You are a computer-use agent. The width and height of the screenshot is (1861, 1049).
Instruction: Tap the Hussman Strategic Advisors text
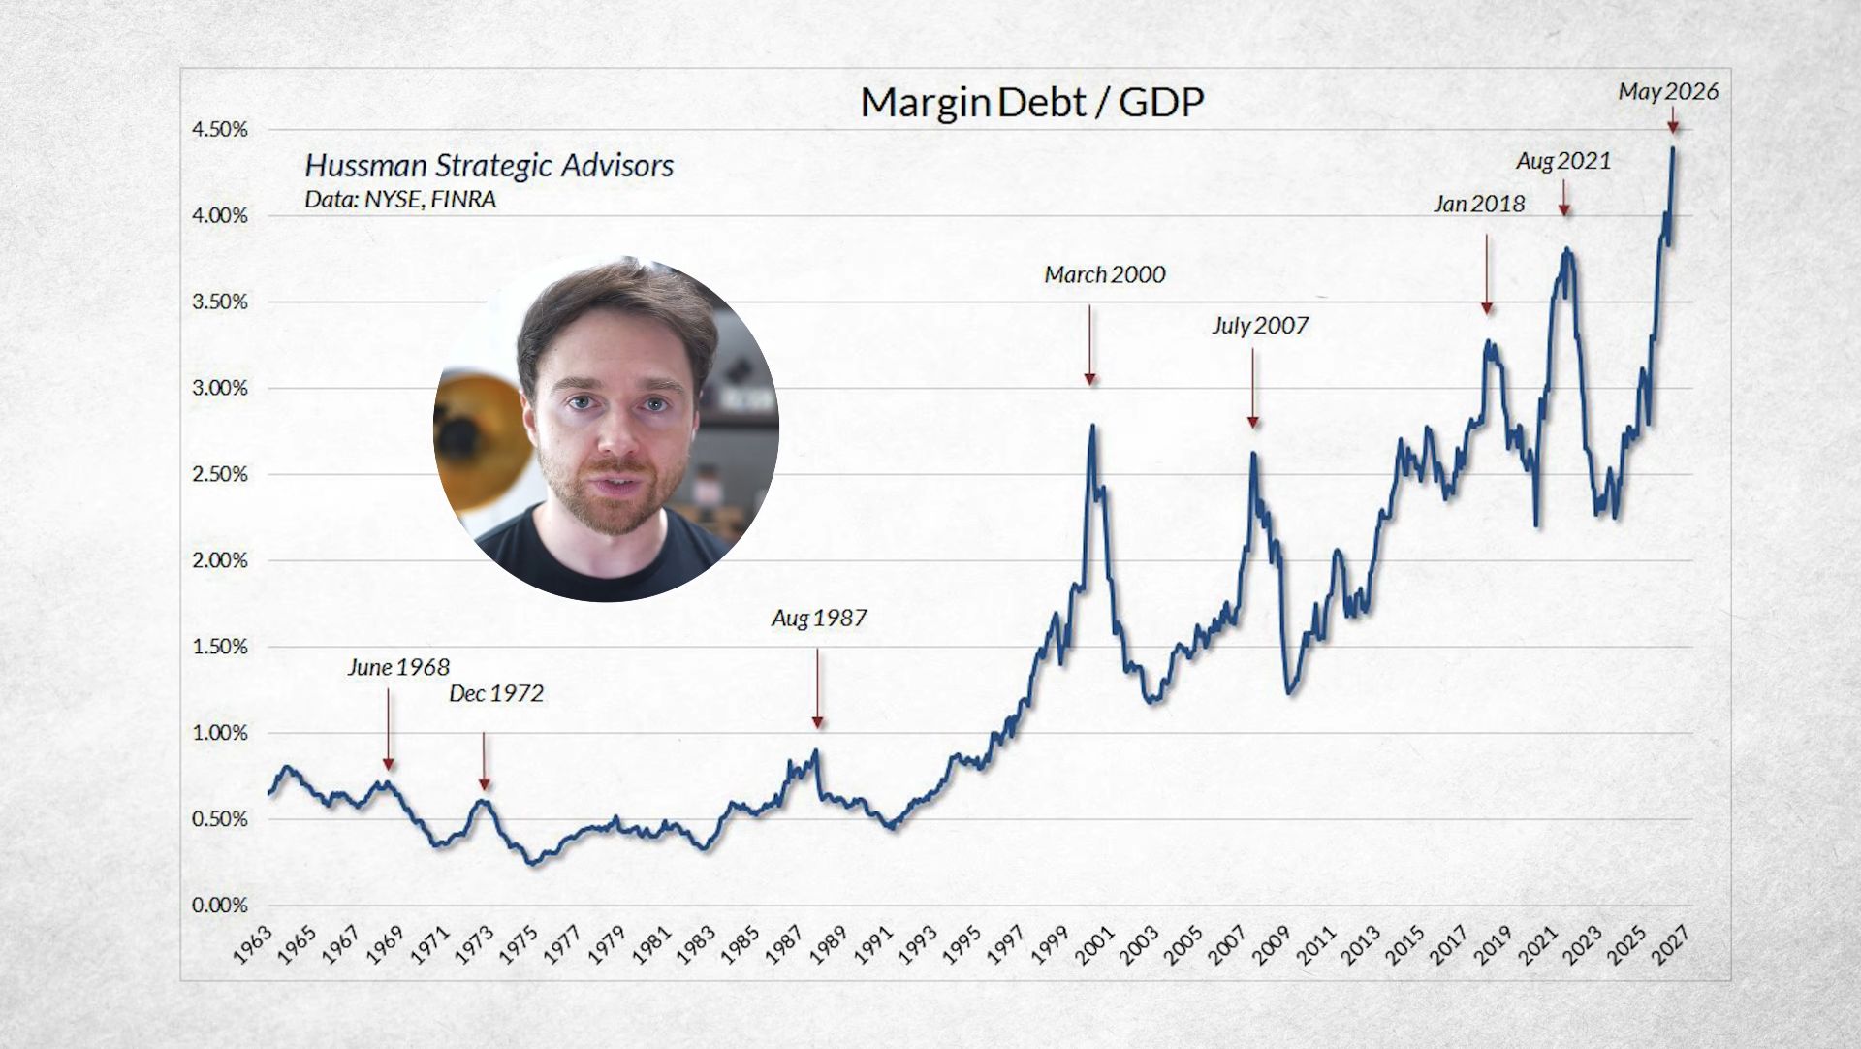coord(489,166)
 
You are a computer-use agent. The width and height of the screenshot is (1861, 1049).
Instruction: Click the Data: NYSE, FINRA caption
coord(400,200)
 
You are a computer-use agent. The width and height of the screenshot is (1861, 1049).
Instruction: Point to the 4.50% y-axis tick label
coord(219,130)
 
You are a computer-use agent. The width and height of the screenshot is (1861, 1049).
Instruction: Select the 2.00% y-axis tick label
coord(219,560)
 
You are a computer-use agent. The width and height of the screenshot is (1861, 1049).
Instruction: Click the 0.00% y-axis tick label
coord(219,906)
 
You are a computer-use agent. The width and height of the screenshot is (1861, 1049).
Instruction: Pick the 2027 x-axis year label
coord(1671,942)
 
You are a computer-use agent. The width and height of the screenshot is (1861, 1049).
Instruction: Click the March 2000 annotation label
coord(1105,275)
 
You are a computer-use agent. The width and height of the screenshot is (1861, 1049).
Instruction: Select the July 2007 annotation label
coord(1260,326)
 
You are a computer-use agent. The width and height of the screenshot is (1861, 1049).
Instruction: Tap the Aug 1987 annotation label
coord(819,619)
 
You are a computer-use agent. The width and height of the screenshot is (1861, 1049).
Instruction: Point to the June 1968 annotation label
coord(398,668)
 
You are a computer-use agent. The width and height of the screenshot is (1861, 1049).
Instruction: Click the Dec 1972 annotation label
coord(496,694)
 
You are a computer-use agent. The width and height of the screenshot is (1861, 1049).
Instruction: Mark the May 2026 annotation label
coord(1668,92)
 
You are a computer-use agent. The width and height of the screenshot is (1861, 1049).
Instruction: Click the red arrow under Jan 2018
coord(1487,274)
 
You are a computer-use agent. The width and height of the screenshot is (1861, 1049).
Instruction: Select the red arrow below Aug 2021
coord(1564,198)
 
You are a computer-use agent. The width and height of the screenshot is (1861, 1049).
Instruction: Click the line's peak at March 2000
coord(1092,425)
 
